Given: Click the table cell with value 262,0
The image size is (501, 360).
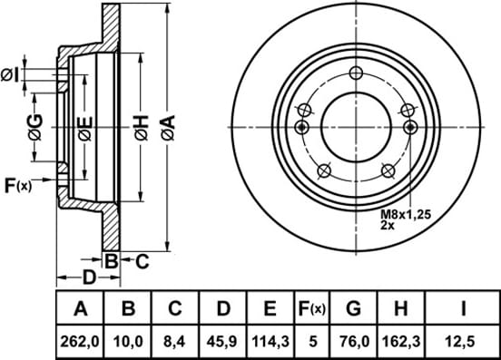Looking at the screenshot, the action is [80, 342].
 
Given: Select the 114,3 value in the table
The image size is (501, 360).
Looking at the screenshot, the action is [270, 342].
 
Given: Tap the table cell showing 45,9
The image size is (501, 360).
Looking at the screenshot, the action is [222, 342].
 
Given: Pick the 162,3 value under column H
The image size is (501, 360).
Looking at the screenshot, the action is [401, 342].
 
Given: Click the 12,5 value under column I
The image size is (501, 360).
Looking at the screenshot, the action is [463, 342].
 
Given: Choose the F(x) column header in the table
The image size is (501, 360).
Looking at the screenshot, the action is [311, 308].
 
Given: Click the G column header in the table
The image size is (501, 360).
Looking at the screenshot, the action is [353, 308].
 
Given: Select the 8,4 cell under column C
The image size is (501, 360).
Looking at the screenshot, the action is [175, 342].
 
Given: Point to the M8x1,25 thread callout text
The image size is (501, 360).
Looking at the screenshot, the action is [406, 214].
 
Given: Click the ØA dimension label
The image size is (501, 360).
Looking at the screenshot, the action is [169, 128].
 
